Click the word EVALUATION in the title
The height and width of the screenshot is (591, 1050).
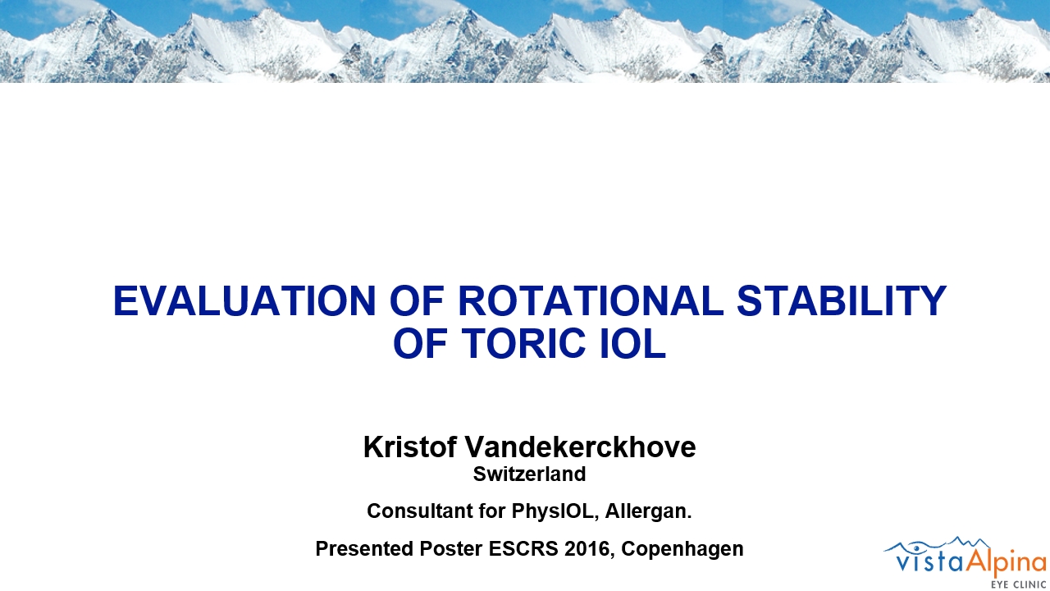click(244, 300)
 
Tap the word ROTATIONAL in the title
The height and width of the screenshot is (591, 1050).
click(590, 300)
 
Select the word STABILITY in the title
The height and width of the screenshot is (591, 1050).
click(842, 300)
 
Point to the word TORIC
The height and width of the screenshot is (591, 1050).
click(523, 343)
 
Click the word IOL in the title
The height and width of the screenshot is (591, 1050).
click(632, 343)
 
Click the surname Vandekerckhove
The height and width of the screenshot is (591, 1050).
click(580, 447)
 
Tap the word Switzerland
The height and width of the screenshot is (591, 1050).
click(529, 474)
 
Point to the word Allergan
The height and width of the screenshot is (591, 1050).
click(648, 511)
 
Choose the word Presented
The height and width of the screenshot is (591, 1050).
click(364, 548)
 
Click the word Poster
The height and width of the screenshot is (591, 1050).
click(451, 548)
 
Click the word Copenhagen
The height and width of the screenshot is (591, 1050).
click(682, 549)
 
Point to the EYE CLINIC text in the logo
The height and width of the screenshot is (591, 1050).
click(1018, 584)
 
